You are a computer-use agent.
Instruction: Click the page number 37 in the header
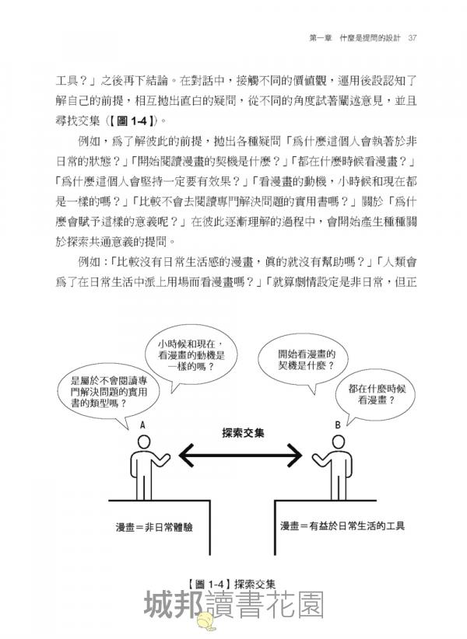click(x=413, y=38)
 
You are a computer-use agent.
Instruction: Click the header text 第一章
click(x=321, y=38)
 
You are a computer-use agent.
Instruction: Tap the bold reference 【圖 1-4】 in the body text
click(x=132, y=120)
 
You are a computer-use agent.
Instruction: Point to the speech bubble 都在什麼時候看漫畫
click(x=377, y=396)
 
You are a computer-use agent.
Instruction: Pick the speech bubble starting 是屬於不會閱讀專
click(x=108, y=394)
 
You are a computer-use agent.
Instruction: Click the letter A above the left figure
click(x=142, y=425)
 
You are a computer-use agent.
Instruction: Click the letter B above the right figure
click(x=338, y=425)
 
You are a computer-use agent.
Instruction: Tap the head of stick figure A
click(x=145, y=442)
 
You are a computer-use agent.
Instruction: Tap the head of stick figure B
click(x=338, y=442)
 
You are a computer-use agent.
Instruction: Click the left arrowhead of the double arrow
click(x=186, y=455)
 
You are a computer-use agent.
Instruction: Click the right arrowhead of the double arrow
click(x=294, y=455)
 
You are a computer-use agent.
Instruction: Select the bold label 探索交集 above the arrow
click(x=243, y=432)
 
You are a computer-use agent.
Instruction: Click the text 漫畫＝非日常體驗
click(x=154, y=527)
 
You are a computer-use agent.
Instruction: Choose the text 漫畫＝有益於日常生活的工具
click(x=342, y=526)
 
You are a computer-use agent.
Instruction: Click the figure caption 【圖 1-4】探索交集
click(x=232, y=584)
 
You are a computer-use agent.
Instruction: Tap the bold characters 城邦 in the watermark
click(x=174, y=605)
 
